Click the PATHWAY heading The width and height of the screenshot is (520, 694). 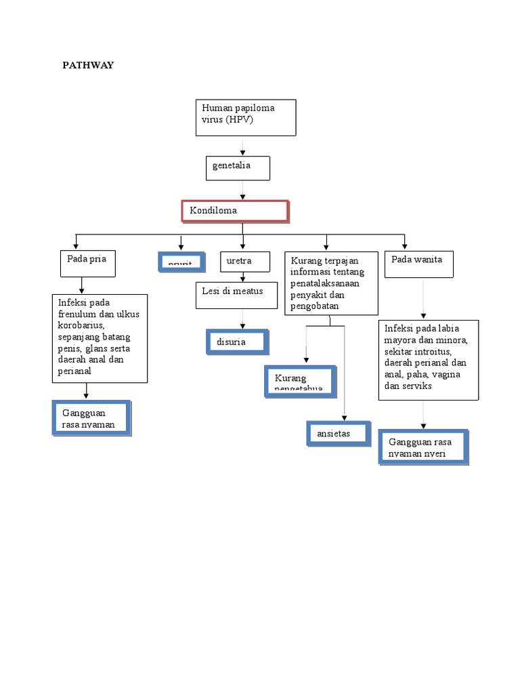coord(88,65)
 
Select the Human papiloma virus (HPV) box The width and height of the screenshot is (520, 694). coord(244,117)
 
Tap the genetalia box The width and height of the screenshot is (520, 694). coord(238,168)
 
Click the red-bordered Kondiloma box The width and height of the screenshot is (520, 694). coord(236,211)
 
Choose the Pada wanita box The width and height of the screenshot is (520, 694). coord(418,264)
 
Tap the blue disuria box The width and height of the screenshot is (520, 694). coord(238,342)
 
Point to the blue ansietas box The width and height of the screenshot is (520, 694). coord(338,433)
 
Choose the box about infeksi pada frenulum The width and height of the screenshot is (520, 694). coord(100,338)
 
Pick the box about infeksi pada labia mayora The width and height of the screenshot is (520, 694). coord(428,359)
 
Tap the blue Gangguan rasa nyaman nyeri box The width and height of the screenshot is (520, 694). coord(423,447)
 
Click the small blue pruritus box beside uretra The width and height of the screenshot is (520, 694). coord(181,262)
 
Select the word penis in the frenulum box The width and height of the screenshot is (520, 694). coord(70,348)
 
